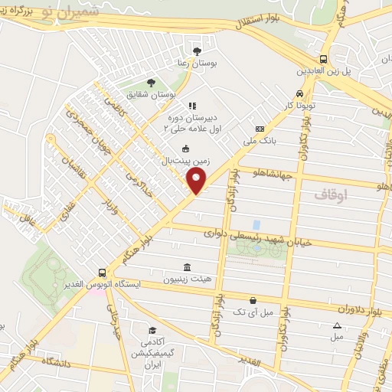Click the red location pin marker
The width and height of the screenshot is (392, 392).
(198, 181)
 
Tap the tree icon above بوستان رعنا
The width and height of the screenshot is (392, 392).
(198, 51)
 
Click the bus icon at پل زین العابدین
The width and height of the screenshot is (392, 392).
(325, 58)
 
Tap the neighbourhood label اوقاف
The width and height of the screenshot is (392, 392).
(331, 195)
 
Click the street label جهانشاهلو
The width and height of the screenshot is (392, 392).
(276, 175)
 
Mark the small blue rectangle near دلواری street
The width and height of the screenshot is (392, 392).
(256, 224)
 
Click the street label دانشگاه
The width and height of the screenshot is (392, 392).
(60, 361)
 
